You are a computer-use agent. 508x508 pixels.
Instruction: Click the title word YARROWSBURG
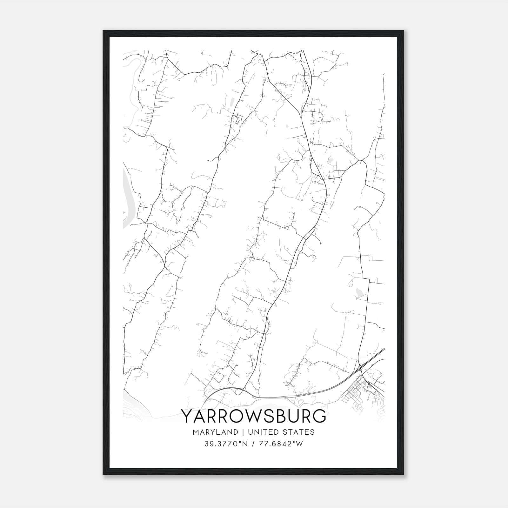click(x=253, y=416)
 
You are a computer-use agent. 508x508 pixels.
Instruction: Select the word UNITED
click(x=260, y=432)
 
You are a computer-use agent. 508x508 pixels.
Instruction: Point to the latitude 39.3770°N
click(x=225, y=444)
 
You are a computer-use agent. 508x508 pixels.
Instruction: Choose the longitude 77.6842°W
click(x=281, y=444)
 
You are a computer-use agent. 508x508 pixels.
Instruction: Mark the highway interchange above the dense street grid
click(x=362, y=368)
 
